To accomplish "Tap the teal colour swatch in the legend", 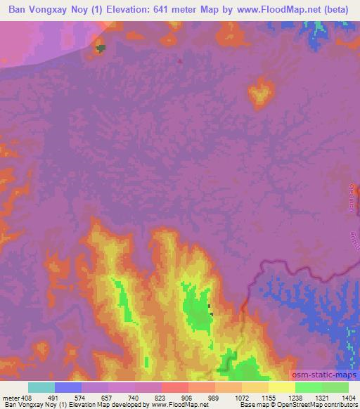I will [41, 387].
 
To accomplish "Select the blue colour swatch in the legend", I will [68, 387].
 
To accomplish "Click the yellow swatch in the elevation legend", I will [282, 387].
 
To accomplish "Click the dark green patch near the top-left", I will [101, 48].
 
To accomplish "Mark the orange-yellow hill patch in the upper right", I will [262, 93].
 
